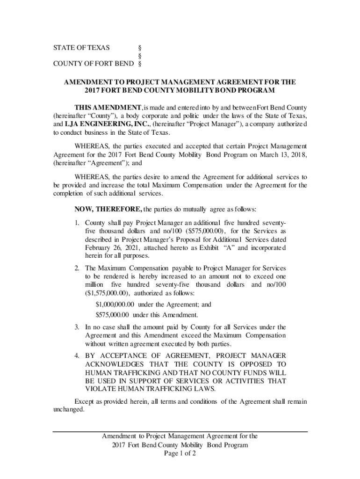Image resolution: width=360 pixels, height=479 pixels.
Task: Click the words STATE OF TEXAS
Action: tap(81, 48)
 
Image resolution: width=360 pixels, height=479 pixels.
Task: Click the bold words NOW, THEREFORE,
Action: tap(108, 209)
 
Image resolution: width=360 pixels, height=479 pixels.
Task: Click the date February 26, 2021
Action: tap(109, 248)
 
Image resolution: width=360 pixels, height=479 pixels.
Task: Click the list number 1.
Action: tap(77, 223)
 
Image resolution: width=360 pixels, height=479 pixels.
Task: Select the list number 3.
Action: tap(77, 327)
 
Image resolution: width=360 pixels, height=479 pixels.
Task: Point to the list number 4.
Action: tap(77, 356)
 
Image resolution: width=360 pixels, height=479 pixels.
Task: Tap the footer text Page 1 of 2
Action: tap(180, 454)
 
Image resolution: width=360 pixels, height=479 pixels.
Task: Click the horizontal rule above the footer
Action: tap(180, 431)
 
